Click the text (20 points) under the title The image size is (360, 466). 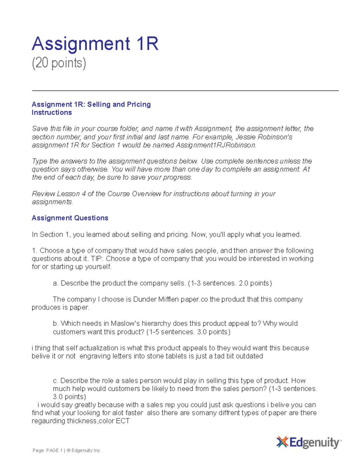[x=59, y=63]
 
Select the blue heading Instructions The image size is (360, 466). [x=52, y=113]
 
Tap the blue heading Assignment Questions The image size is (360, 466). [x=70, y=218]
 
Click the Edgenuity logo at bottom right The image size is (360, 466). [x=309, y=442]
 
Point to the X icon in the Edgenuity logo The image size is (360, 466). [x=282, y=442]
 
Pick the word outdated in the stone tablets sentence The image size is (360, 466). [x=249, y=356]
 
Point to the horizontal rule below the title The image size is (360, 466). [x=185, y=90]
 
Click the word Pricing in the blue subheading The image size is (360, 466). [x=139, y=104]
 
